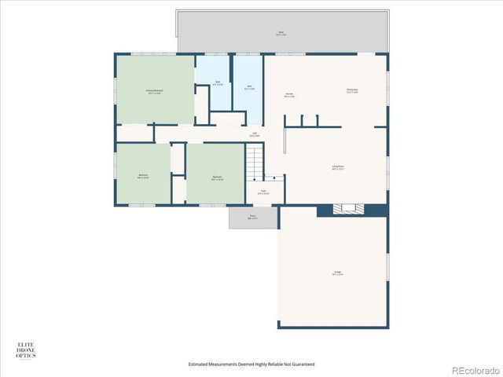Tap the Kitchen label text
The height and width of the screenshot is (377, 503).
pyautogui.click(x=289, y=95)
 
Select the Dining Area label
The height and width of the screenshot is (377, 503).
pyautogui.click(x=352, y=90)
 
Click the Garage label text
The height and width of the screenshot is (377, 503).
pyautogui.click(x=337, y=273)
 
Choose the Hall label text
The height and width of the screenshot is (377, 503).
pyautogui.click(x=254, y=135)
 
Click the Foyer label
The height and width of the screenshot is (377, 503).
pyautogui.click(x=263, y=192)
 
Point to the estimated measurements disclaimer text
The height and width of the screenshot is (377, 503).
pyautogui.click(x=251, y=364)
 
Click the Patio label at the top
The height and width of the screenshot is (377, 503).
pyautogui.click(x=281, y=33)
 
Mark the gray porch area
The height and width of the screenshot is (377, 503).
pyautogui.click(x=253, y=218)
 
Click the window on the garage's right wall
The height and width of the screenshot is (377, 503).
pyautogui.click(x=388, y=264)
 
